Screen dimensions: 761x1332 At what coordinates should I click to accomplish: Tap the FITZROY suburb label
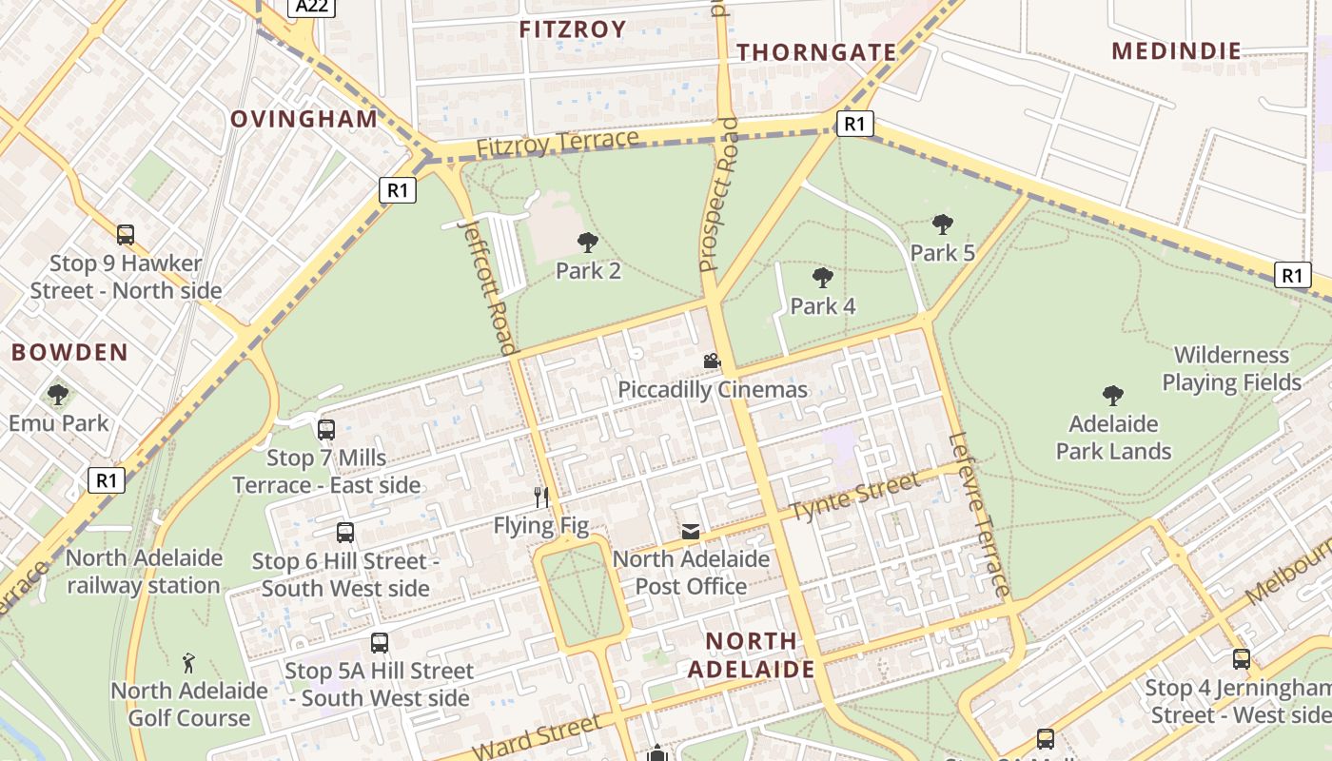572,29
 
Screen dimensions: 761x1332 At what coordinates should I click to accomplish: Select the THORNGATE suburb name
816,52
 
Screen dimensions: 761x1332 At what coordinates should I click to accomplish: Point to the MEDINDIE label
1176,51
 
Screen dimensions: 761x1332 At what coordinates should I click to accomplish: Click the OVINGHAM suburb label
304,119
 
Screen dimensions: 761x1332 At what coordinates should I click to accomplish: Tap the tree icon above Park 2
588,243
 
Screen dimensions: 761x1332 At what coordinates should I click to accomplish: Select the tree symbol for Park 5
942,224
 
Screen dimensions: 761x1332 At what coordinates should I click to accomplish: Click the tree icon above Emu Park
58,394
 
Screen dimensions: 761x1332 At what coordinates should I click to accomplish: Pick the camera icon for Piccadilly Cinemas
712,361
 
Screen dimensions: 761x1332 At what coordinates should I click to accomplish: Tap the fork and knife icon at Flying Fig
541,497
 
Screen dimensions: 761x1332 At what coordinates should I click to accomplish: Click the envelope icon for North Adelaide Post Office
690,532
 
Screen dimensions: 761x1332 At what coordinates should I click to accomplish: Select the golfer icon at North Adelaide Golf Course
188,662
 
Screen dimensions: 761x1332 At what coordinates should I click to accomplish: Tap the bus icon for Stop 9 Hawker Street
126,235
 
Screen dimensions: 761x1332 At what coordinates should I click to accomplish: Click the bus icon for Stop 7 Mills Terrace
326,430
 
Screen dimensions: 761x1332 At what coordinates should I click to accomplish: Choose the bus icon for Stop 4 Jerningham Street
1241,659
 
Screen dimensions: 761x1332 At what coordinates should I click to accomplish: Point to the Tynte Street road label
855,497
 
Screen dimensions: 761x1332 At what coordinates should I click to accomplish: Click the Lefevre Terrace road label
978,516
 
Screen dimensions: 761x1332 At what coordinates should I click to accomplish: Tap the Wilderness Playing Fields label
1230,369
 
